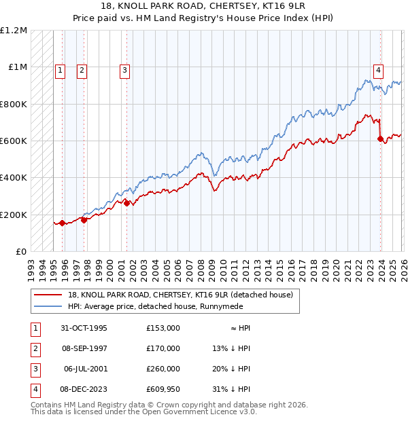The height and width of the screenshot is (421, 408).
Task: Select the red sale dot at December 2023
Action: pyautogui.click(x=381, y=139)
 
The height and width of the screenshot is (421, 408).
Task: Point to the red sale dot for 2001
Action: pyautogui.click(x=127, y=202)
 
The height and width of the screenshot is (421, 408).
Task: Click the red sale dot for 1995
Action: pyautogui.click(x=62, y=223)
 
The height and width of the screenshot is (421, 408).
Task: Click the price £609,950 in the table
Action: pyautogui.click(x=163, y=389)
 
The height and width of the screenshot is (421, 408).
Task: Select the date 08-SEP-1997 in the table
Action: pyautogui.click(x=85, y=348)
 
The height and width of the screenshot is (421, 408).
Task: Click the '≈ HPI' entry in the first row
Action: pyautogui.click(x=238, y=328)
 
